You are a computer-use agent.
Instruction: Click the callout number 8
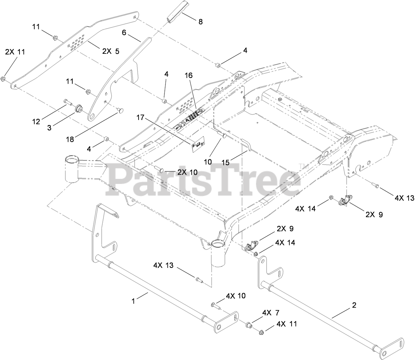[x=200, y=22]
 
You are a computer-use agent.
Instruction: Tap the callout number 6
[x=124, y=32]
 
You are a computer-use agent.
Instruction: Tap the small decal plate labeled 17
[x=198, y=145]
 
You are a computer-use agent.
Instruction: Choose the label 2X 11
[x=15, y=52]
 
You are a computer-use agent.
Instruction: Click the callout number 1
[x=134, y=301]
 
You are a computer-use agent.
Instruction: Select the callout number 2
[x=354, y=305]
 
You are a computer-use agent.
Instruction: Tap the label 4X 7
[x=271, y=313]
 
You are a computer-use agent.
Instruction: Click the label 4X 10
[x=236, y=296]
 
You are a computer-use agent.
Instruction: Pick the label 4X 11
[x=287, y=324]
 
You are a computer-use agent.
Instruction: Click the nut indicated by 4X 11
[x=261, y=332]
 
